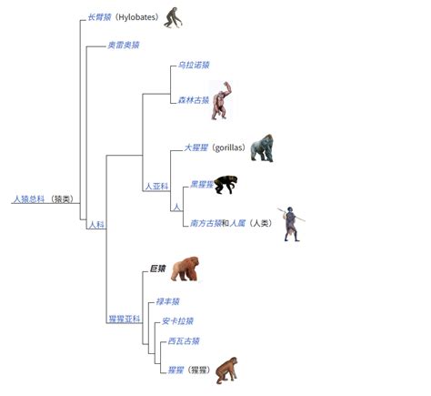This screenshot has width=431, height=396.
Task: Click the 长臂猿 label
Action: click(99, 17)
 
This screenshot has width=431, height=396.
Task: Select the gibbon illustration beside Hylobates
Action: click(173, 17)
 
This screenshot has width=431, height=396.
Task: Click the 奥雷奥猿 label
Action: click(124, 46)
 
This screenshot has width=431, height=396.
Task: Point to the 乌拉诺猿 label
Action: click(194, 65)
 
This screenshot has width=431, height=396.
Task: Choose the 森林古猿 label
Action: click(194, 100)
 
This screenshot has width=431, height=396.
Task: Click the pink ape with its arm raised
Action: click(222, 100)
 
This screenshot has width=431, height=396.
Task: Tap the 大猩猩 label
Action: click(196, 147)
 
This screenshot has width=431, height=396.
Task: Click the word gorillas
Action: click(228, 147)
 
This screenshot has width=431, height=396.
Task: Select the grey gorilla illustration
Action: click(262, 147)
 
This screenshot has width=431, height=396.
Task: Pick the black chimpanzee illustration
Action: click(226, 184)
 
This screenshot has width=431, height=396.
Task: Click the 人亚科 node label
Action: click(156, 186)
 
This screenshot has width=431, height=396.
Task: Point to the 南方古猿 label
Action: click(205, 223)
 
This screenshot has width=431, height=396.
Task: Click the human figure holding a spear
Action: click(291, 224)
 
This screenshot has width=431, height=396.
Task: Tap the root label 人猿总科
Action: click(29, 199)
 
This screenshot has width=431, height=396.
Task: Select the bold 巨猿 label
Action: click(158, 269)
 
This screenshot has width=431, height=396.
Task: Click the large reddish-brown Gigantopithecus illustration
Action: click(185, 269)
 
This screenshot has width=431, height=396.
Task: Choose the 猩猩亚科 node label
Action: click(125, 319)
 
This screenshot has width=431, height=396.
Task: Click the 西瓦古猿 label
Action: click(184, 341)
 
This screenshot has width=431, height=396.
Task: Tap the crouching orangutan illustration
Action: click(226, 371)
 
